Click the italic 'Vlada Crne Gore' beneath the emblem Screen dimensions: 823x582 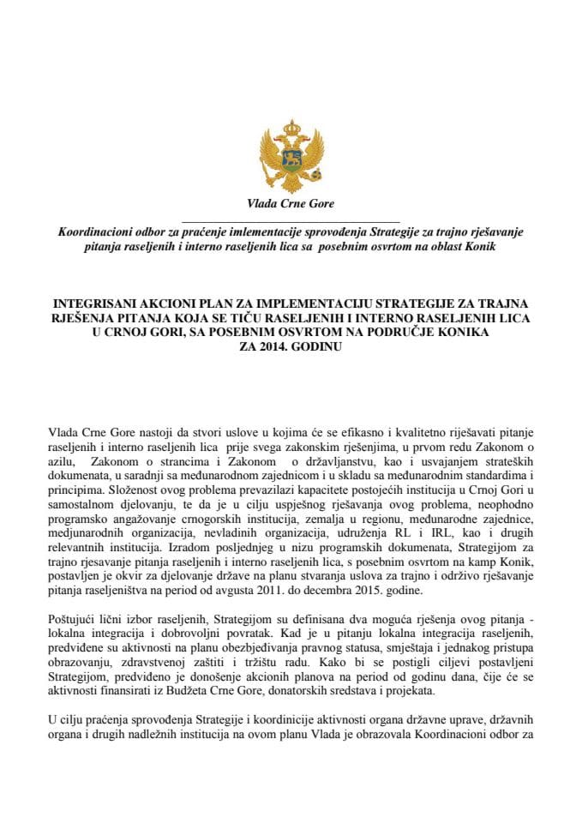point(291,204)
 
